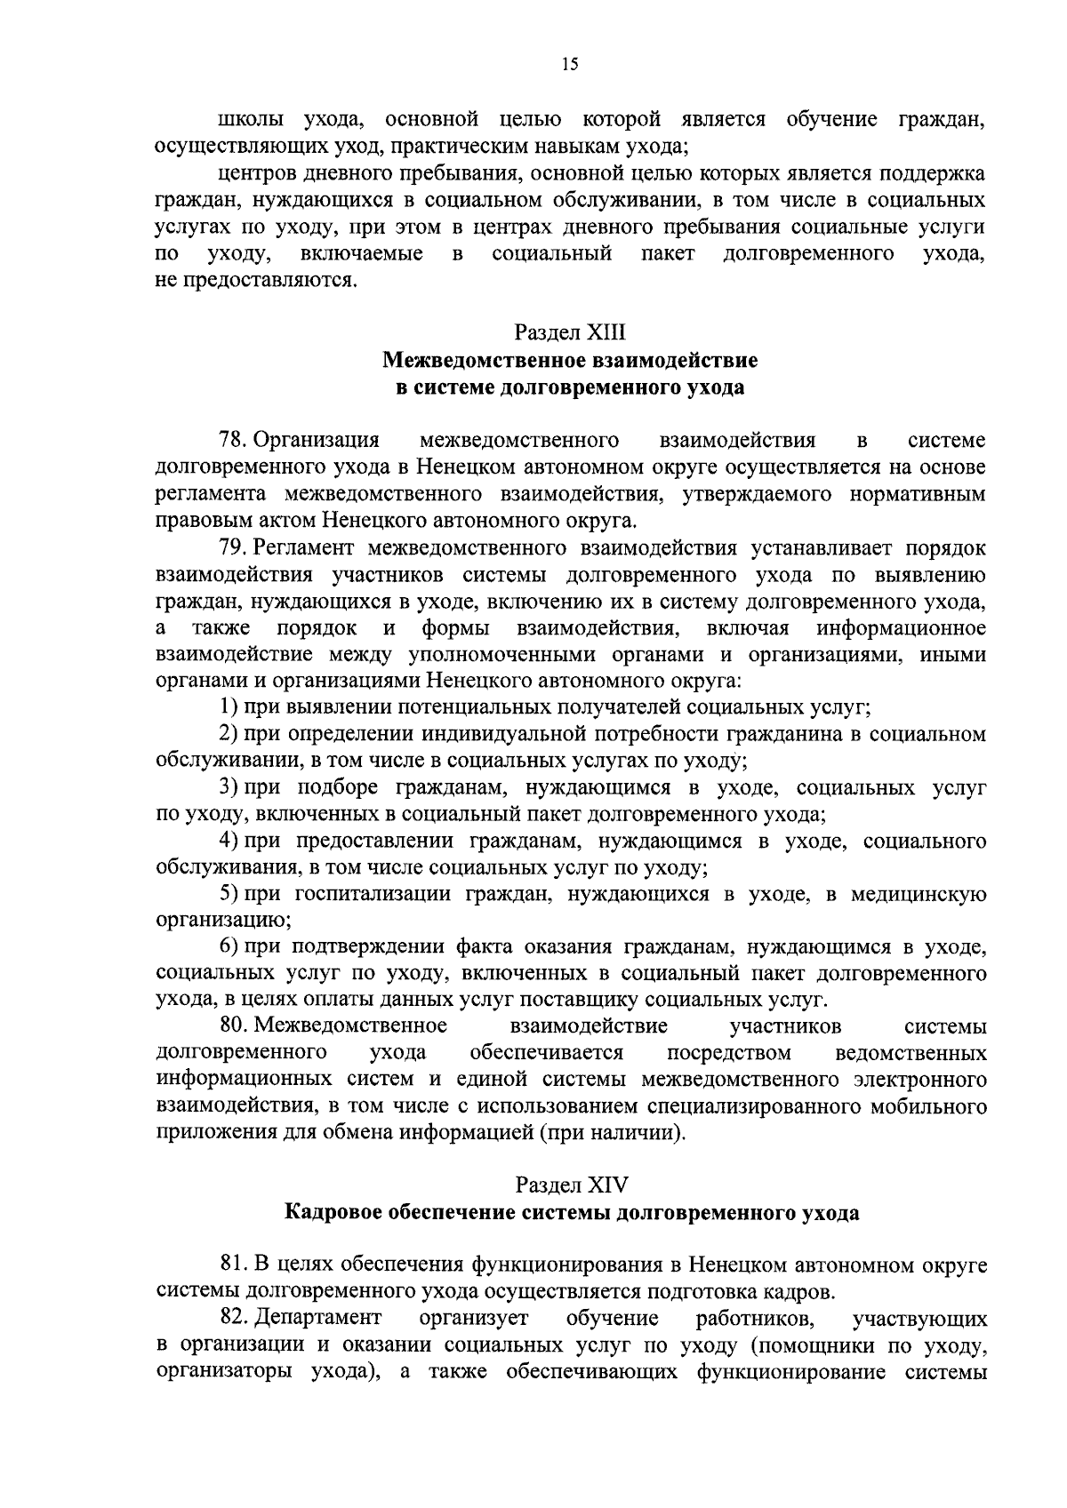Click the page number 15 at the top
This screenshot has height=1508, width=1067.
coord(570,63)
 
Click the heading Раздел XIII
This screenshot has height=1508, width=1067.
coord(570,333)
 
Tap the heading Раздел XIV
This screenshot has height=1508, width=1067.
coord(570,1185)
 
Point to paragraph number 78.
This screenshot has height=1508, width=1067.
coord(234,441)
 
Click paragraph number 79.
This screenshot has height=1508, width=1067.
coord(234,548)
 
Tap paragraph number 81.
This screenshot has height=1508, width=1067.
coord(234,1265)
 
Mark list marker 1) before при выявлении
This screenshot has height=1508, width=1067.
coord(229,707)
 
